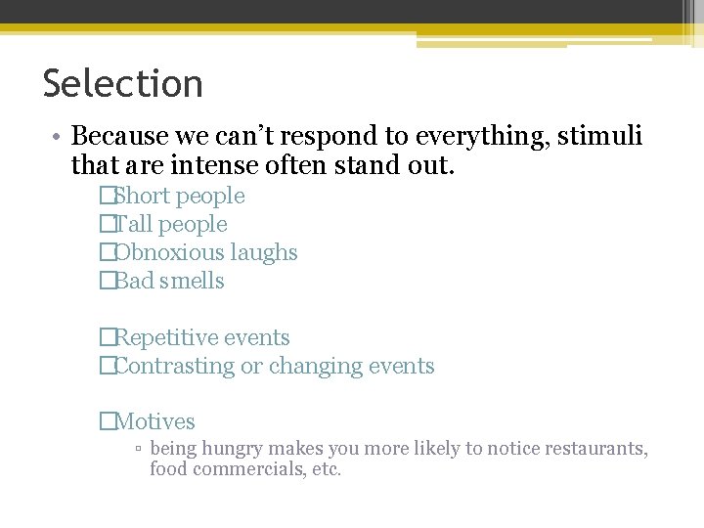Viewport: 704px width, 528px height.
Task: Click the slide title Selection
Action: [x=123, y=84]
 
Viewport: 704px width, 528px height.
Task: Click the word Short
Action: [x=142, y=196]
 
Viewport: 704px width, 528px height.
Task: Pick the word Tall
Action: [x=135, y=224]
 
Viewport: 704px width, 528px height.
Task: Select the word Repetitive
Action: [x=167, y=337]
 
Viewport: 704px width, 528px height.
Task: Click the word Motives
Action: [x=154, y=421]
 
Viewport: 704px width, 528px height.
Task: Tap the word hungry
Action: [x=233, y=449]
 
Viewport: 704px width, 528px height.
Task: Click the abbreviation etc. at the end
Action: [x=325, y=469]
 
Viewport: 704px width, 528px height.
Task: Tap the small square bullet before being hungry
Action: [x=139, y=449]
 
